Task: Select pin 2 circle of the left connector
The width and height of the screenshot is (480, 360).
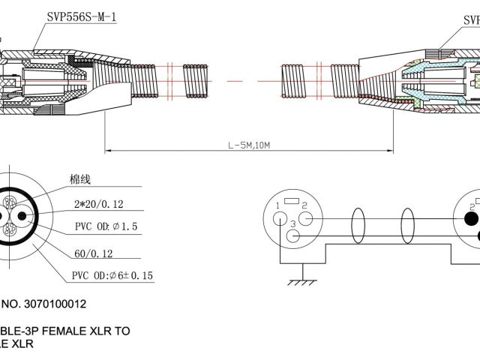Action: pos(309,219)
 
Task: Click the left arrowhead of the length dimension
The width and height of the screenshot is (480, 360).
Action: pos(107,151)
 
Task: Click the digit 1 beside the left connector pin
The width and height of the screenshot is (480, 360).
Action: pos(277,206)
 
